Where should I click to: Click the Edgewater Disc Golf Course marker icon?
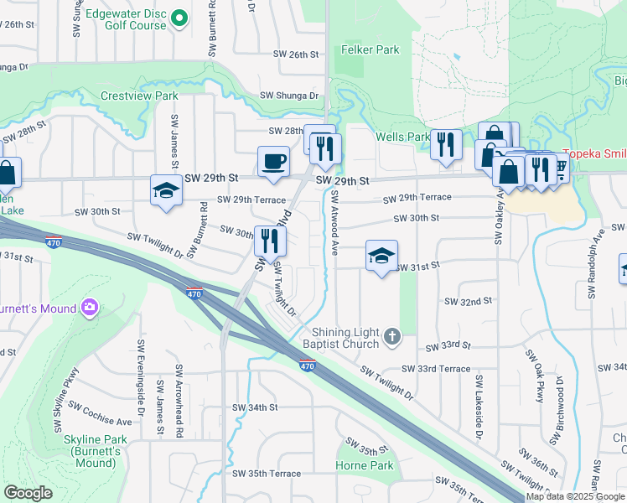(x=179, y=18)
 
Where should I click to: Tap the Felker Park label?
(x=370, y=50)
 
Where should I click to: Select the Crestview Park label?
(x=139, y=96)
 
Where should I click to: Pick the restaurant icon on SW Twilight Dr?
(x=270, y=241)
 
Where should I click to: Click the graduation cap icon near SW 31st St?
(x=381, y=257)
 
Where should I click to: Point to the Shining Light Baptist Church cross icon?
(x=390, y=337)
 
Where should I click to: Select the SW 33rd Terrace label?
(x=435, y=369)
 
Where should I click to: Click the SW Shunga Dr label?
(x=290, y=96)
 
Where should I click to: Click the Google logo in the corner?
(x=28, y=493)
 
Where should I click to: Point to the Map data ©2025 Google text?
(x=575, y=496)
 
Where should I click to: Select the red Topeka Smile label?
(x=593, y=154)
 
